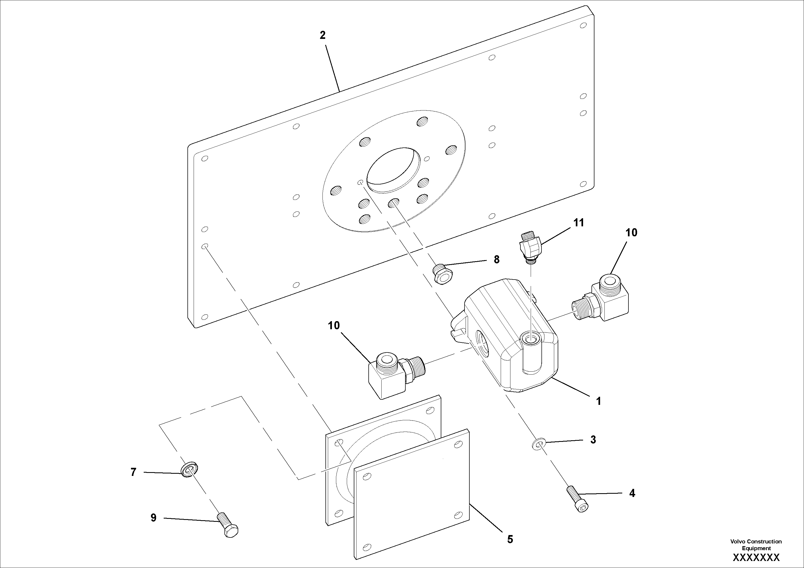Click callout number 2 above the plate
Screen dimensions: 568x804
coord(322,35)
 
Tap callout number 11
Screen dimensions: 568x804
coord(578,223)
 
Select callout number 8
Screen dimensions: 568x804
coord(497,260)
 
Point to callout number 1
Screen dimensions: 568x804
coord(599,401)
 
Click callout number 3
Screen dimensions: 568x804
coord(593,440)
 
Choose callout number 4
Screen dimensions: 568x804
coord(632,493)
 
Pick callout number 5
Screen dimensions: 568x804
coord(510,540)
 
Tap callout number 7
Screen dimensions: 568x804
coord(133,472)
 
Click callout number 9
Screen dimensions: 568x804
coord(153,518)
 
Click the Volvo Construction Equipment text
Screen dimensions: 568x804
coord(756,545)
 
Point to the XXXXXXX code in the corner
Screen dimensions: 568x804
coord(756,557)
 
